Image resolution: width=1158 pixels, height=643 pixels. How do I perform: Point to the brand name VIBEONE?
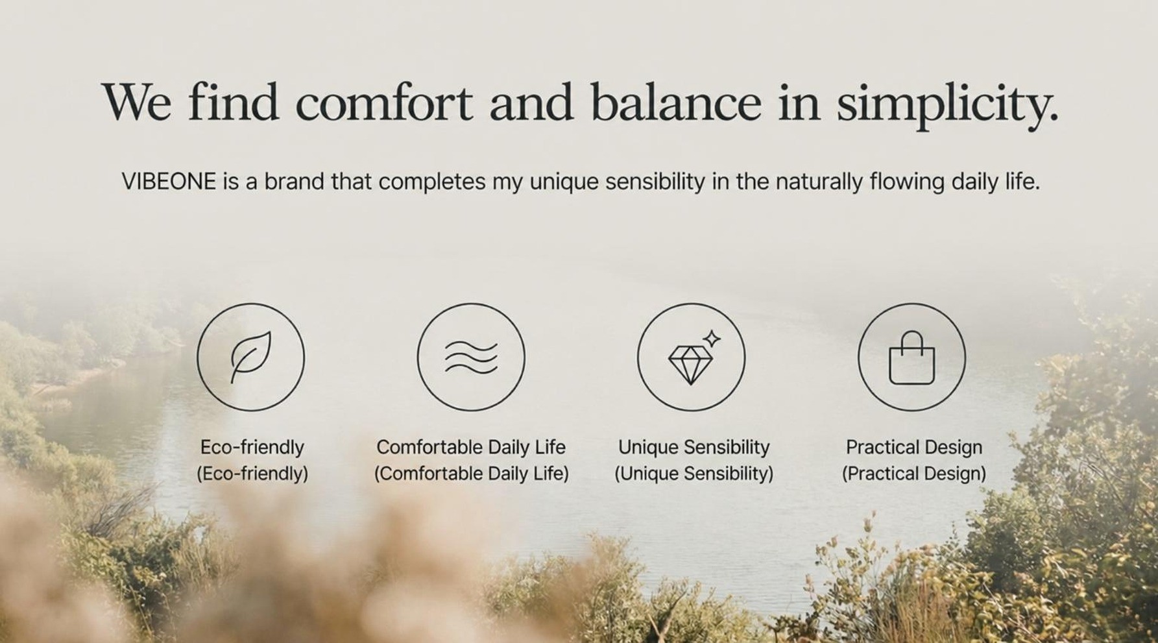click(169, 182)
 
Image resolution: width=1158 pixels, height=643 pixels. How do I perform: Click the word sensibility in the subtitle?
click(655, 182)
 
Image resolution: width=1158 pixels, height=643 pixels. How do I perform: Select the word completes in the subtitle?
click(432, 182)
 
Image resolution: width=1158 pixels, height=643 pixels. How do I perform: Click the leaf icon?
click(250, 357)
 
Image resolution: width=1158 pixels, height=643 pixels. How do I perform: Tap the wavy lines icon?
click(471, 358)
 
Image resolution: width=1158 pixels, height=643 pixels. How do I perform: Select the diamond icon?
click(690, 365)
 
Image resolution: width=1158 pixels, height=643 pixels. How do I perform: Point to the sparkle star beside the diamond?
click(712, 338)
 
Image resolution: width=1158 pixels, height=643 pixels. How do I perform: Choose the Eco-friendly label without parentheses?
click(252, 448)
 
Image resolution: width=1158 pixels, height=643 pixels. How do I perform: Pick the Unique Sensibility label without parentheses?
click(694, 448)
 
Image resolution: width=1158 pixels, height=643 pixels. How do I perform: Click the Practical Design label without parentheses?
click(914, 448)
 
